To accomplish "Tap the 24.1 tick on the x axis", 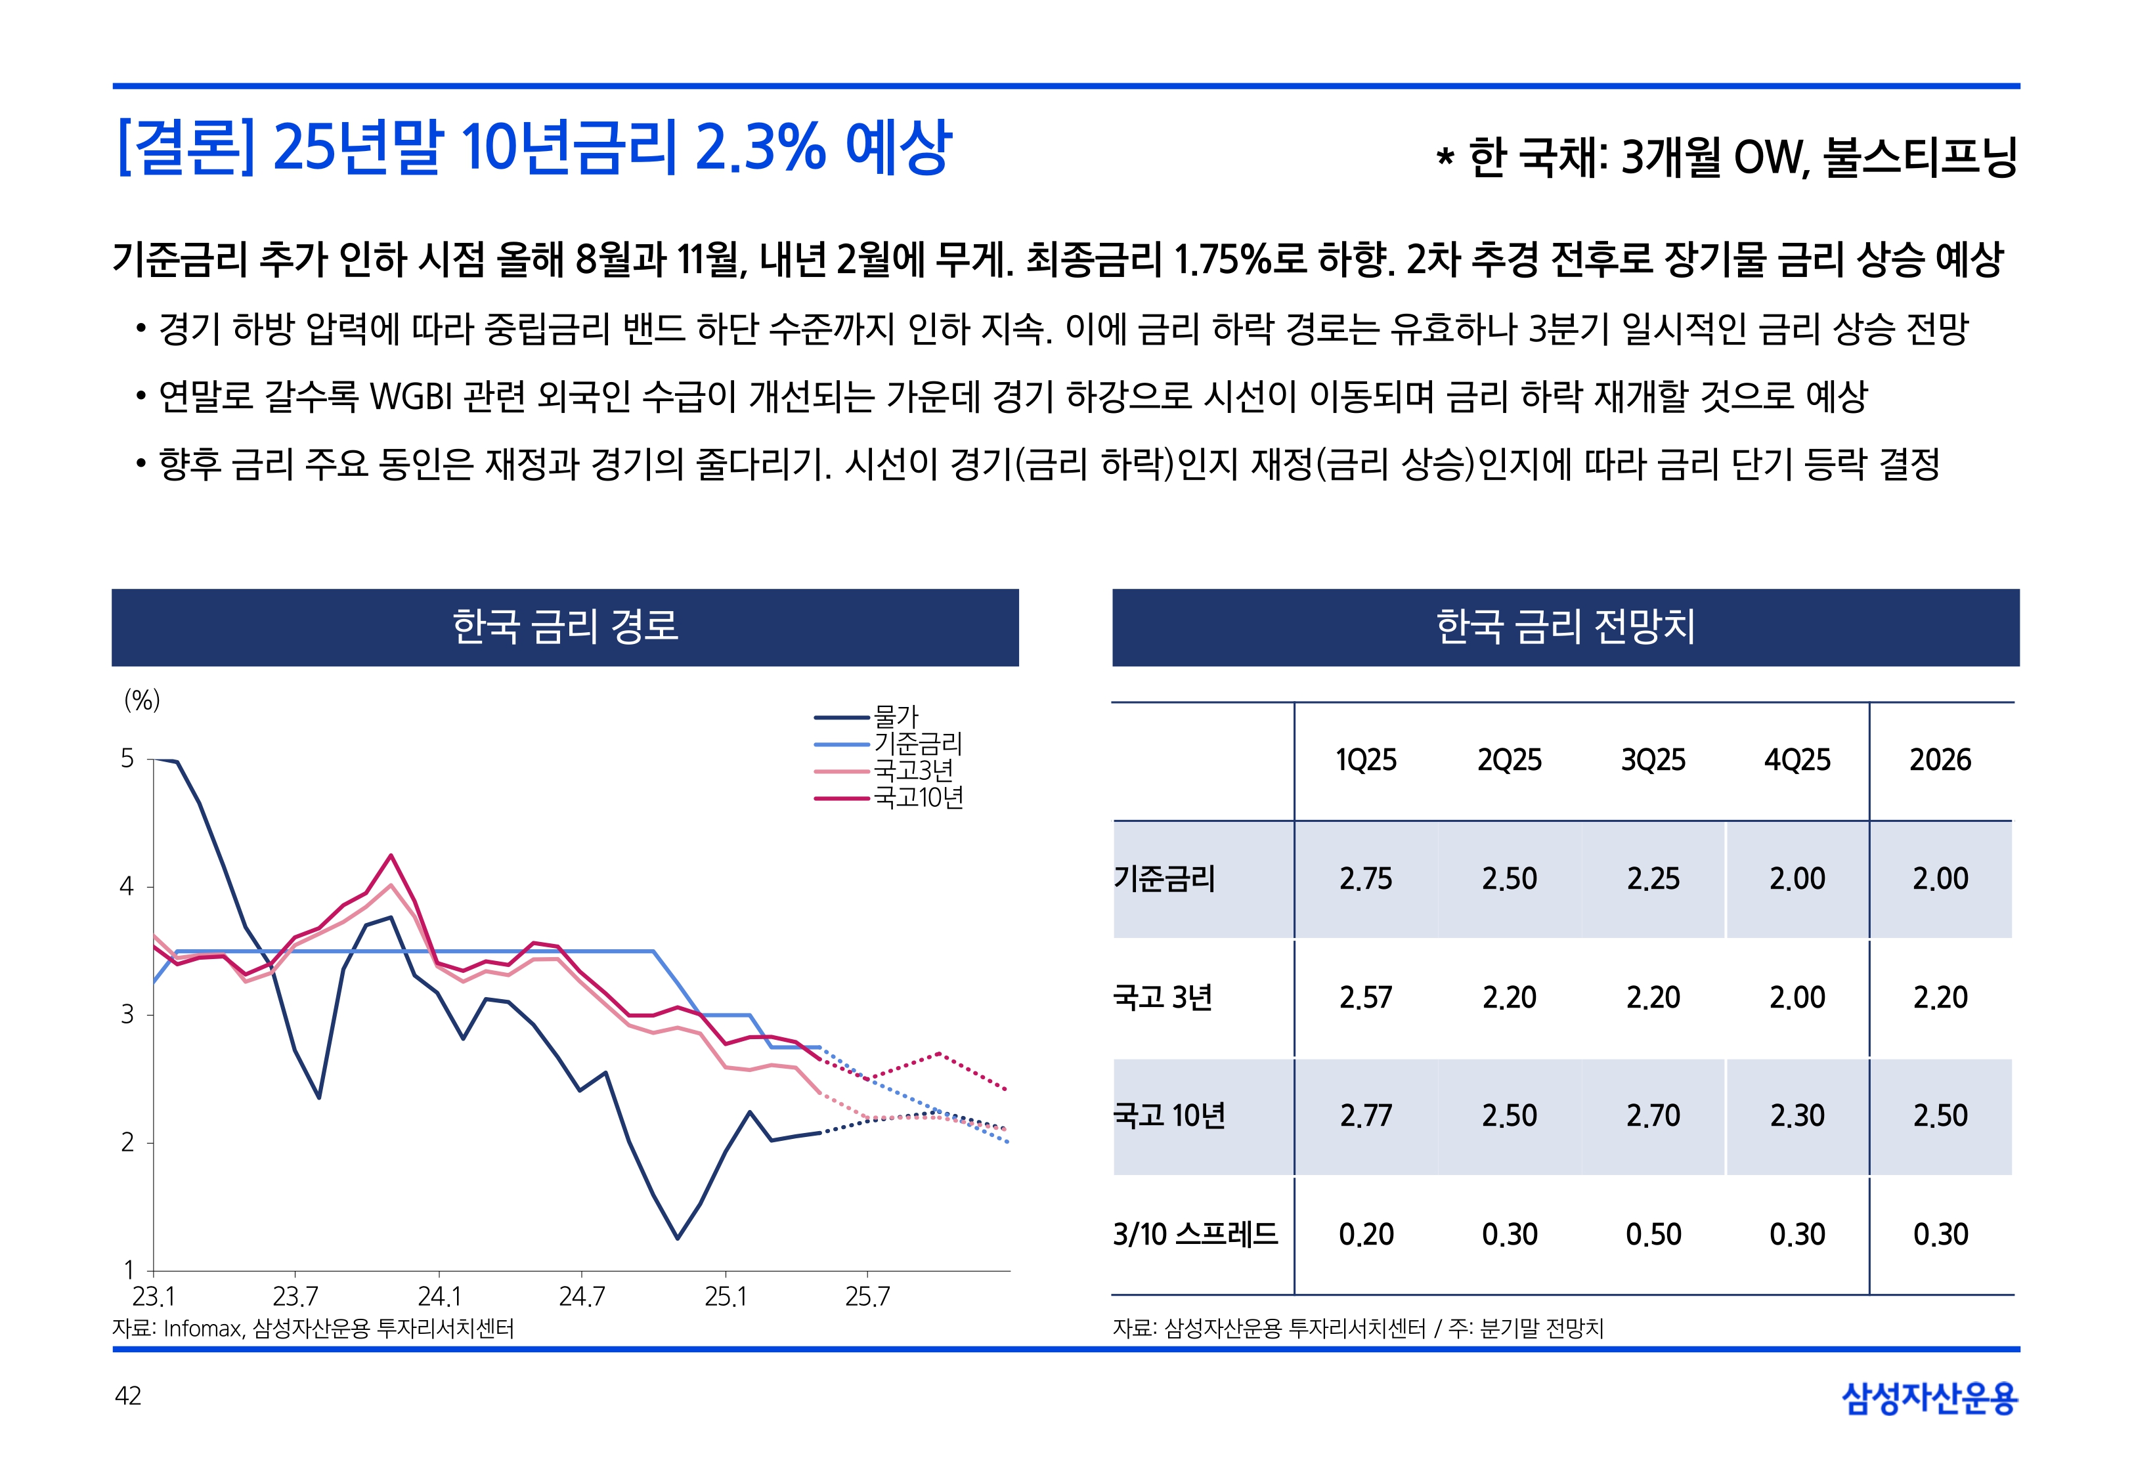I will [x=439, y=1296].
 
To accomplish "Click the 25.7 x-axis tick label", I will [x=867, y=1296].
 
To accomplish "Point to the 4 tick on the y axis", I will [x=127, y=887].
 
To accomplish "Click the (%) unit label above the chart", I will [x=142, y=700].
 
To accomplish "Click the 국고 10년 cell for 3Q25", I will [x=1653, y=1116].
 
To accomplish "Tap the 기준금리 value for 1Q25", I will [x=1365, y=879].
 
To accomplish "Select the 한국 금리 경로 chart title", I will [x=565, y=626].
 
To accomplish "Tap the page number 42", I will [x=127, y=1396].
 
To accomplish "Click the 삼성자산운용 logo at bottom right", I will [x=1930, y=1398].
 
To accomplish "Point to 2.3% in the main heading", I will [x=760, y=148].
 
